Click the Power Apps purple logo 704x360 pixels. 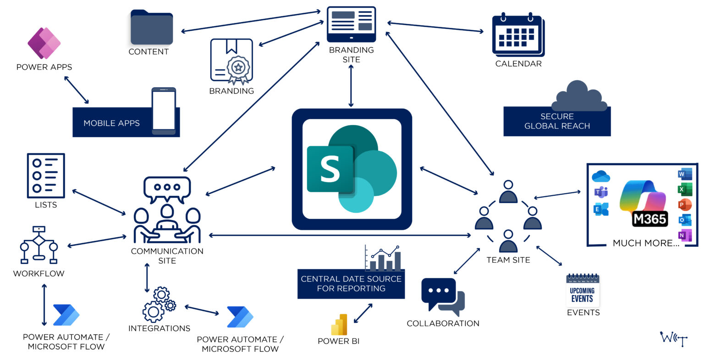click(44, 43)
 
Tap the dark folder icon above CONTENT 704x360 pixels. click(152, 28)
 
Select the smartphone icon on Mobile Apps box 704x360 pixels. click(164, 111)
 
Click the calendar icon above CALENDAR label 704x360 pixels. click(517, 35)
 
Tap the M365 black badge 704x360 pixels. click(650, 219)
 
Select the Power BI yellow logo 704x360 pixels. click(339, 325)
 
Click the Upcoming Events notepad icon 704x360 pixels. click(583, 291)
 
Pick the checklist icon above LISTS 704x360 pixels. click(46, 176)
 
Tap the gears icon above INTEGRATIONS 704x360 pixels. click(159, 305)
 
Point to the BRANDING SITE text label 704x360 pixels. click(351, 55)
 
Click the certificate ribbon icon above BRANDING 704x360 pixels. click(231, 61)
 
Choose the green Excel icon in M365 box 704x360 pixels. click(684, 189)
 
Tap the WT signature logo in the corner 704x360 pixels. click(673, 339)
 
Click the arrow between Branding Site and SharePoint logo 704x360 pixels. click(351, 86)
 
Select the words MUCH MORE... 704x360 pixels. click(646, 243)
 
